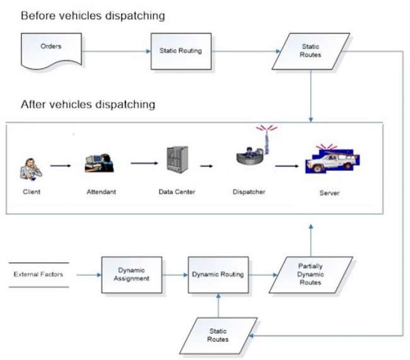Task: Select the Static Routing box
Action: tap(176, 50)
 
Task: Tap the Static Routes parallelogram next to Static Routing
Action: tap(310, 50)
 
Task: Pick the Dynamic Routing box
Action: tap(218, 274)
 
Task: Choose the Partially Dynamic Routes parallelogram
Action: tap(310, 274)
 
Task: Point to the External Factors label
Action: tap(38, 274)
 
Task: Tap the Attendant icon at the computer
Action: tap(98, 163)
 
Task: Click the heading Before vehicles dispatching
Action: tap(93, 15)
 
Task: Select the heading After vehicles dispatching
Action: tap(88, 104)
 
